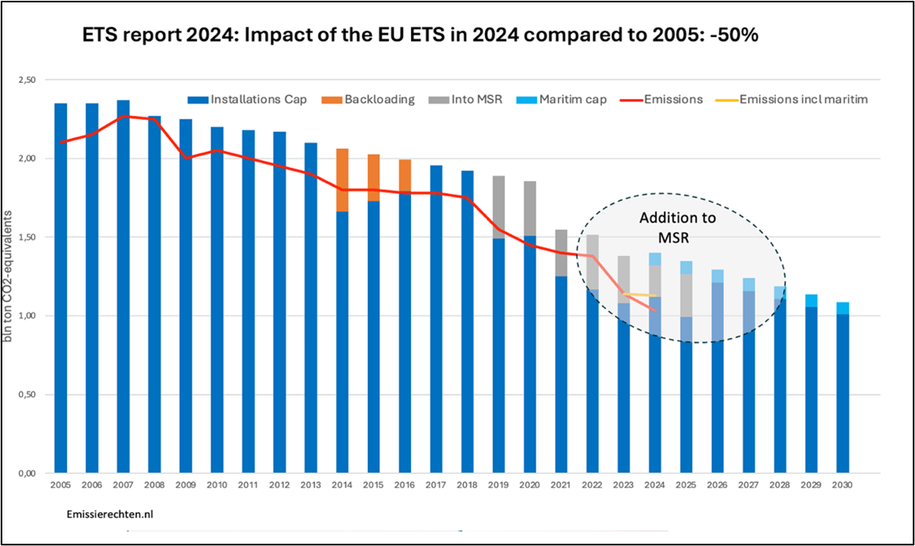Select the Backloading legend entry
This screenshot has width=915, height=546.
pos(370,99)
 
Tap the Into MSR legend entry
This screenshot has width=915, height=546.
pos(469,99)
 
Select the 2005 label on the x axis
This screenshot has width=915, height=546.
pos(61,484)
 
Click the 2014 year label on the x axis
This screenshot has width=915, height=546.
pos(342,484)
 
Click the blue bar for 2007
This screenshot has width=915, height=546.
pos(123,316)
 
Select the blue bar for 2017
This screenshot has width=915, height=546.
pos(436,331)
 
